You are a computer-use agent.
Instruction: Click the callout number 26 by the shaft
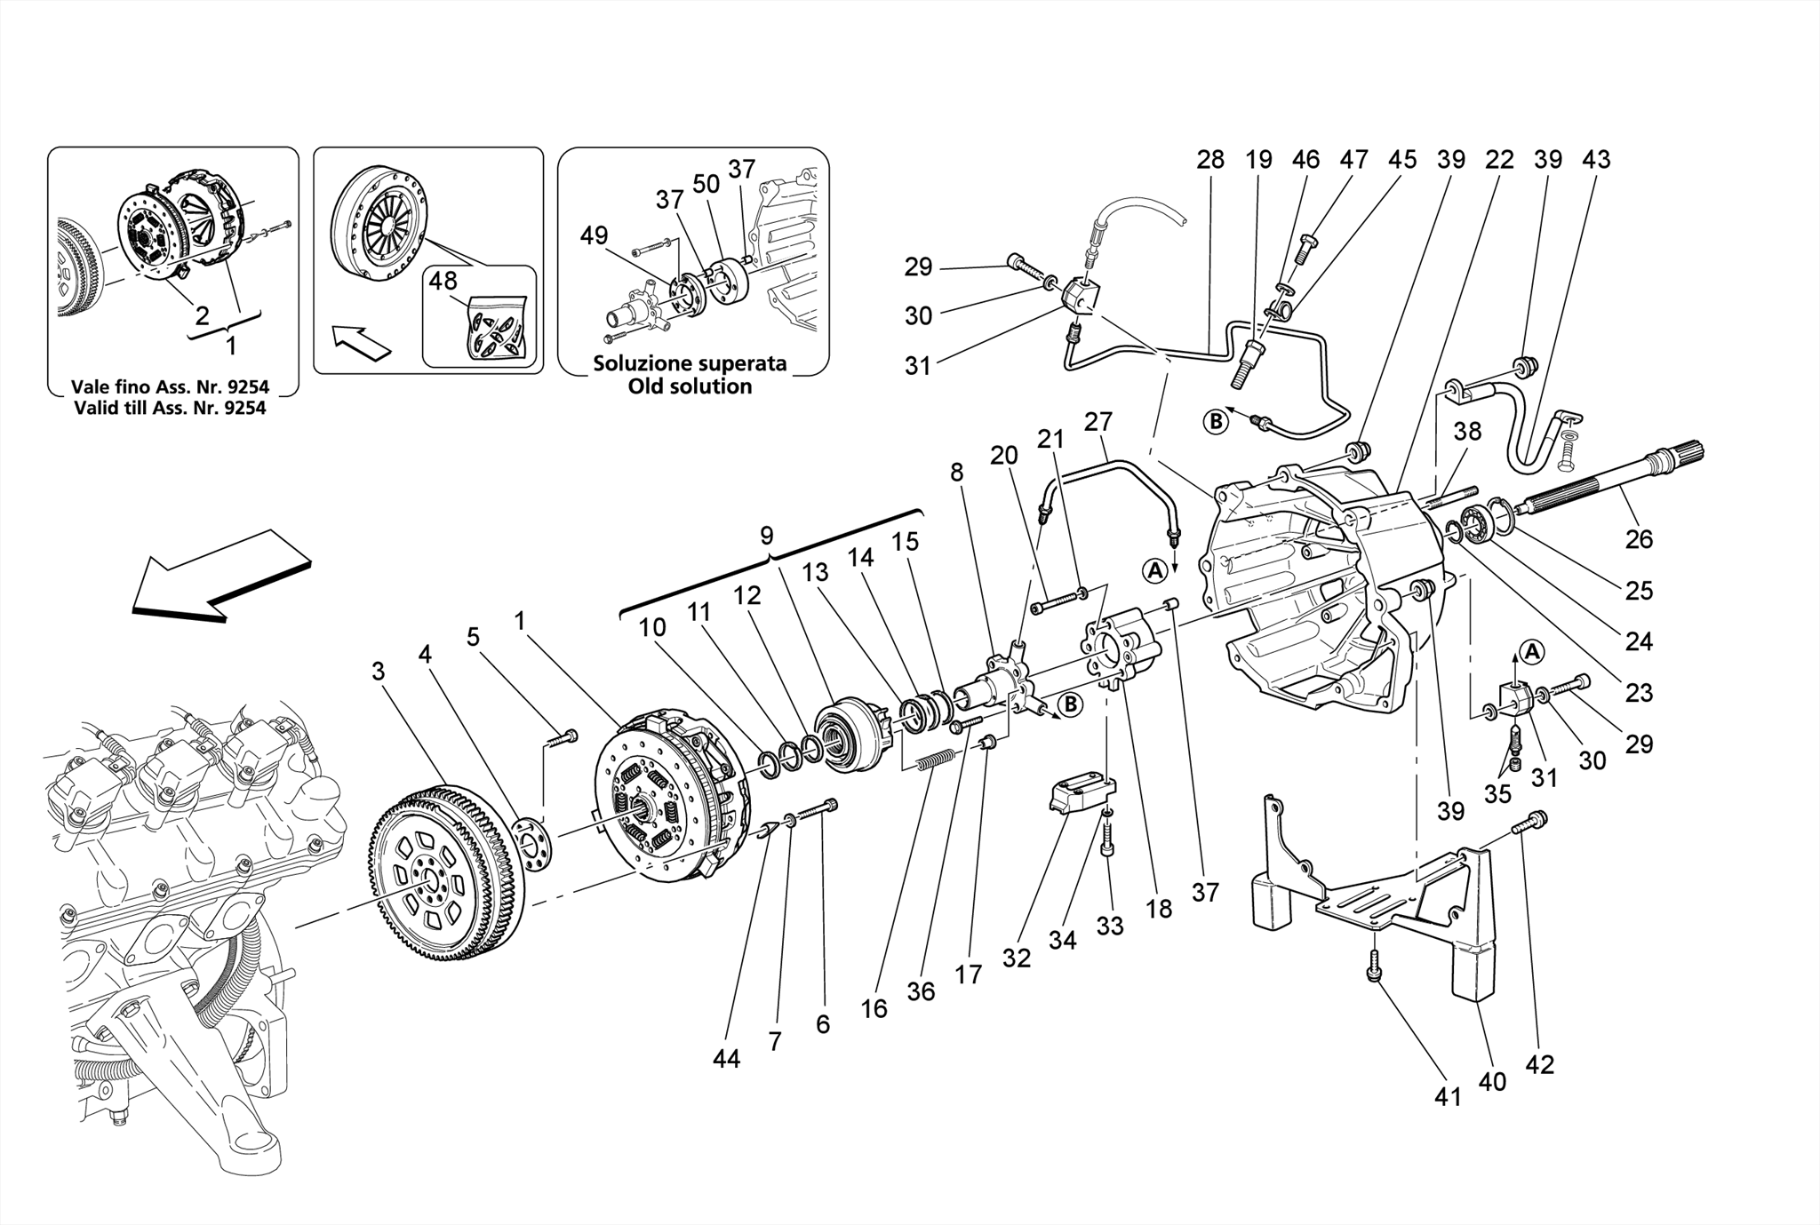pos(1639,538)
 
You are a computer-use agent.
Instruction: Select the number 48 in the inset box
pos(443,281)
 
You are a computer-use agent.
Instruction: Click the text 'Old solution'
pos(690,386)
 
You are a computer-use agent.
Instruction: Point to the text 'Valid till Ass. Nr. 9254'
pos(170,408)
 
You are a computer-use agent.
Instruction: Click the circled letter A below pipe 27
pos(1154,571)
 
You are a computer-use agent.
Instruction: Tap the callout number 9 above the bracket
pos(766,536)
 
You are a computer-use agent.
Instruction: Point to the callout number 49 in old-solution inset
pos(594,235)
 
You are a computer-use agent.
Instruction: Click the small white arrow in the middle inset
pos(361,342)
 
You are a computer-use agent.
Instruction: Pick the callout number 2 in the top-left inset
pos(202,314)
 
